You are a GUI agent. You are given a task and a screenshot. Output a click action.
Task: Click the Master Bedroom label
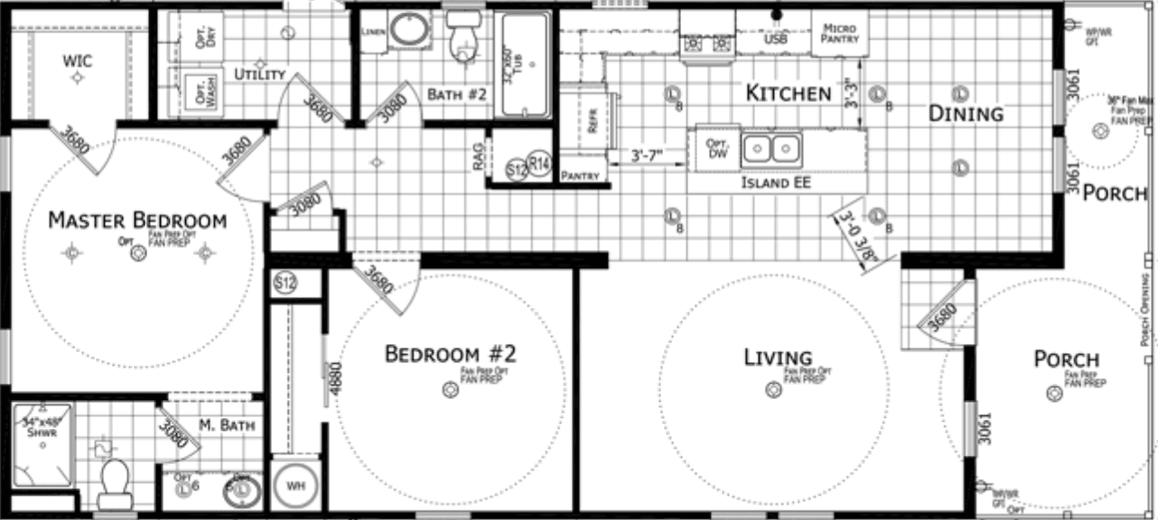pos(136,220)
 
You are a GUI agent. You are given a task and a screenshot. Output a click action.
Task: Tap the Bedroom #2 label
pos(450,353)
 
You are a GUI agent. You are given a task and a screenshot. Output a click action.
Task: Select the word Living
pos(778,357)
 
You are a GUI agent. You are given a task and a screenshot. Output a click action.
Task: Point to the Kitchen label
pos(788,93)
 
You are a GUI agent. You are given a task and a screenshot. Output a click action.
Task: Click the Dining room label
pos(967,114)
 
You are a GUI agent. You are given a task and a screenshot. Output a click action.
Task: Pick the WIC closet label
pos(78,61)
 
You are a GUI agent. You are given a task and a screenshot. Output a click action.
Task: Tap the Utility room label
pos(260,74)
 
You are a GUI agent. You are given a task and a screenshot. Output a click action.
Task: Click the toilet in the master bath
pos(115,483)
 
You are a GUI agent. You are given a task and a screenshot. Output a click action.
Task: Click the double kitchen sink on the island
pos(771,148)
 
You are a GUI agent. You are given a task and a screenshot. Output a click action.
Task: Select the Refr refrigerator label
pos(593,122)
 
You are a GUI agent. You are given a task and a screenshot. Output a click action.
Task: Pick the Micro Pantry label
pos(839,34)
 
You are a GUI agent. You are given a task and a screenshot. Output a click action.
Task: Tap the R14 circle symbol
pos(539,164)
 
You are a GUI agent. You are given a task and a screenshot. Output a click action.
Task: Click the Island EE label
pos(776,183)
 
